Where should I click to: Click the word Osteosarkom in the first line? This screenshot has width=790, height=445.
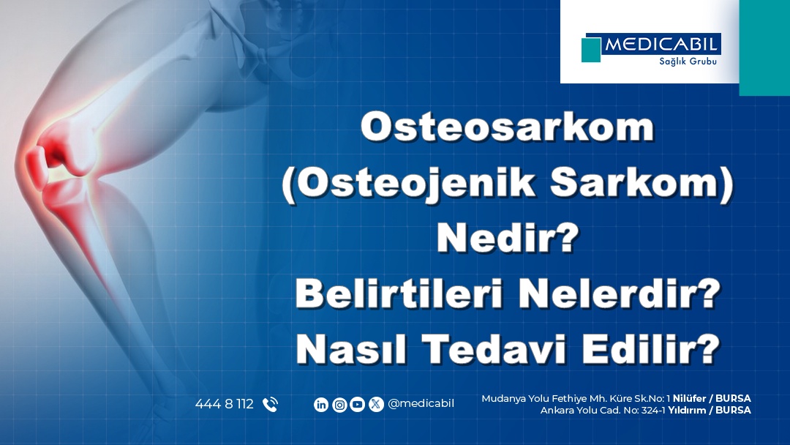(x=508, y=127)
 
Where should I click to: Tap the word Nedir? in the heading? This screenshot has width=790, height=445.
(x=508, y=238)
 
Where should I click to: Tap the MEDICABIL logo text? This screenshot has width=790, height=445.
(x=661, y=45)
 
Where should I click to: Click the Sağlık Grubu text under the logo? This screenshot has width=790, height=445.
(x=688, y=61)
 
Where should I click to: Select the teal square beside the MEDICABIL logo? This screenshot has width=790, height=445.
(x=591, y=50)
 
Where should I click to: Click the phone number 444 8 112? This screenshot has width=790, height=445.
(x=225, y=404)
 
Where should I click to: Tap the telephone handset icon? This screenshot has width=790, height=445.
(x=270, y=405)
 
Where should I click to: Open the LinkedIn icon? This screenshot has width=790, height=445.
(x=321, y=405)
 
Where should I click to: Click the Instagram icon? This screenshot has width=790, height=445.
(x=339, y=405)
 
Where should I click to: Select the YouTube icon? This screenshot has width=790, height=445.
(x=357, y=404)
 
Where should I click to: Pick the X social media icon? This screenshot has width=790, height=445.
(x=376, y=404)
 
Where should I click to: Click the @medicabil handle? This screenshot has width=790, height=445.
(x=421, y=404)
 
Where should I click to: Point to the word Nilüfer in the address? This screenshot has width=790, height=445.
(x=689, y=398)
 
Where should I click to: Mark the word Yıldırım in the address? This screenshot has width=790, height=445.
(x=687, y=410)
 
